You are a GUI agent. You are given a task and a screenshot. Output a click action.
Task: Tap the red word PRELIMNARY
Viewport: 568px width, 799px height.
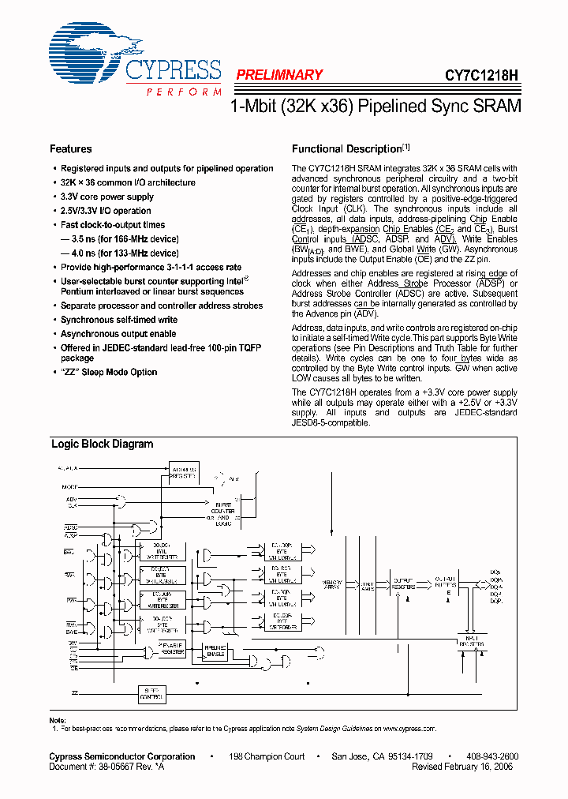pyautogui.click(x=279, y=75)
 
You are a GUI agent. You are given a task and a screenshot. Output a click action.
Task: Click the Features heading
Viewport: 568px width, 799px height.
pyautogui.click(x=70, y=149)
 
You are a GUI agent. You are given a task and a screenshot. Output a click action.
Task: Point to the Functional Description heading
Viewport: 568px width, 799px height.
pyautogui.click(x=347, y=149)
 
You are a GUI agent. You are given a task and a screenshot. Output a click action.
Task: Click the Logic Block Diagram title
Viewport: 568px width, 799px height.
pyautogui.click(x=102, y=444)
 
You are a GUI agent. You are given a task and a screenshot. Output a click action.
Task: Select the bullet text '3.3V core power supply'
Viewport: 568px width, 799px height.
pyautogui.click(x=107, y=197)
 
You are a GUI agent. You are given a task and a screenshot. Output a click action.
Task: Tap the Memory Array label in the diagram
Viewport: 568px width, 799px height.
pyautogui.click(x=331, y=585)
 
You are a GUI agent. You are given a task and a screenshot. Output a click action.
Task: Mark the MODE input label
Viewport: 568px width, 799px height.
pyautogui.click(x=69, y=486)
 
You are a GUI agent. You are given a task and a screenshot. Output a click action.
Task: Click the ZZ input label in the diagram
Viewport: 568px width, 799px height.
pyautogui.click(x=75, y=692)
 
